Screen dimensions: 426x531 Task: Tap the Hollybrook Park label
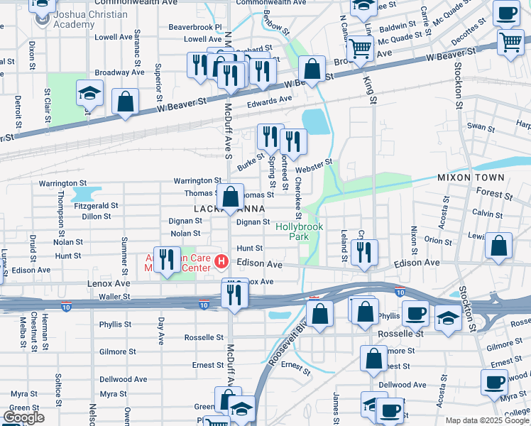click(300, 231)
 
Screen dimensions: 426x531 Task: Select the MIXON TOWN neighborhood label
click(471, 177)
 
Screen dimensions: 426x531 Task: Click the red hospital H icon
click(221, 262)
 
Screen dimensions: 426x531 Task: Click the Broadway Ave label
click(119, 72)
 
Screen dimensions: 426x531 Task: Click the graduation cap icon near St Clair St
click(89, 95)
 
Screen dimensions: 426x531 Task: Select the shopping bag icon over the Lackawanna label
click(231, 197)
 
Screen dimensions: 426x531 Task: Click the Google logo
click(23, 417)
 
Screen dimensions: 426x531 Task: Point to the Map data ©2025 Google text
click(486, 420)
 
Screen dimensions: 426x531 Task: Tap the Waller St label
click(114, 296)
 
